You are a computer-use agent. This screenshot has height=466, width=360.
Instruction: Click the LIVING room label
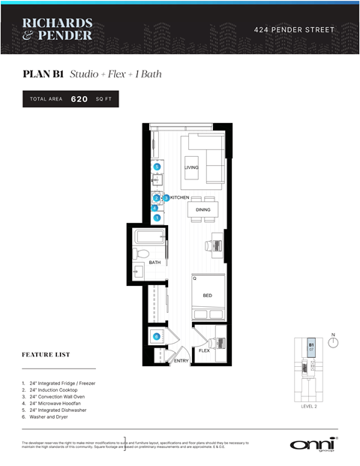pos(191,167)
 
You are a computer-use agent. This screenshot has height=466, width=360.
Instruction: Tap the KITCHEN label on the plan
pos(180,197)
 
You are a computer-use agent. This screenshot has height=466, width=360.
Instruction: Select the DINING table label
pos(203,210)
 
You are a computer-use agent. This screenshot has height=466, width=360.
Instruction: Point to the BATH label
pos(154,263)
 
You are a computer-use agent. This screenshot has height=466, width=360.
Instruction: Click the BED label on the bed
pos(207,295)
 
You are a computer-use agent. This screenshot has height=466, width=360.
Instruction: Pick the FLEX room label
pos(204,350)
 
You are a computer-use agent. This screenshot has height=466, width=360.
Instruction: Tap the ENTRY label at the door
pos(181,361)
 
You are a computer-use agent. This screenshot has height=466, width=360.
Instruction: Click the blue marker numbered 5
pos(157,167)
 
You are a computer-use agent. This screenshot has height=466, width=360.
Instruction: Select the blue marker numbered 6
pos(157,337)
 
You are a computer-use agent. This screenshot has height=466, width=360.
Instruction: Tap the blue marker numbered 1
pos(157,218)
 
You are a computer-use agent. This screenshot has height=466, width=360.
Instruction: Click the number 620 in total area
pos(79,99)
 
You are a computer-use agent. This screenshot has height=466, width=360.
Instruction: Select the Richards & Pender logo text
pos(57,29)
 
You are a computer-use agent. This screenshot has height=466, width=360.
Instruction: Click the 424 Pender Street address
pos(295,30)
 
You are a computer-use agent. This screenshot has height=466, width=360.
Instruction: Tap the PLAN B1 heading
pos(43,74)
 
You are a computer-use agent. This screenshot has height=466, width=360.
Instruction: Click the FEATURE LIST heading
pos(46,355)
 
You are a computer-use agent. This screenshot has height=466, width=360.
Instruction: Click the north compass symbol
pos(333,342)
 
